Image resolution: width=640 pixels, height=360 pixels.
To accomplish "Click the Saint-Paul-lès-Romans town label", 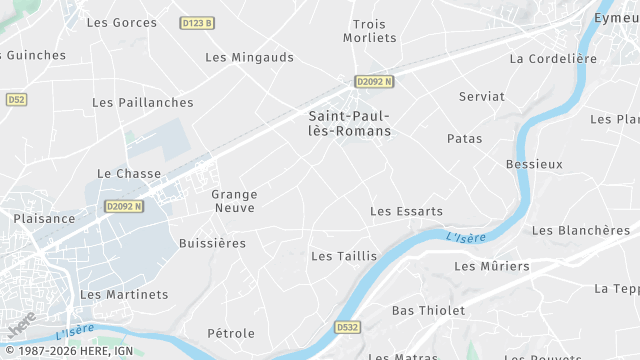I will coord(349,124).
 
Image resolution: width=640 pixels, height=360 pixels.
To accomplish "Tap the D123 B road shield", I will coord(198,22).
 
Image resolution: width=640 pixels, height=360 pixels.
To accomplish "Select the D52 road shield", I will coord(16,100).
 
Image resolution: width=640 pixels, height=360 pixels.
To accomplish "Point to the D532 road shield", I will coord(347,327).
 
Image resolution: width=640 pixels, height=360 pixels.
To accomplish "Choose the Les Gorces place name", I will coord(122,22).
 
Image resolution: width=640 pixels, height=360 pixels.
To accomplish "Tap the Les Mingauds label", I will coord(250,57).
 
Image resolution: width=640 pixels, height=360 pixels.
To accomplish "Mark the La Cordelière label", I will coord(552,58).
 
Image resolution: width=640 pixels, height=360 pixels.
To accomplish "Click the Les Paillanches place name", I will coord(143,102).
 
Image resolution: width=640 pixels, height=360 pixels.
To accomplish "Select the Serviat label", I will coord(482,96).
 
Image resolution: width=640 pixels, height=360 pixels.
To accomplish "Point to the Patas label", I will coord(465,139).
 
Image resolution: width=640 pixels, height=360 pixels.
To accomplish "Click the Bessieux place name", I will coord(535,163).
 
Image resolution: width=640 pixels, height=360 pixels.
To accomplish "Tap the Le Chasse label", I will coord(129,173).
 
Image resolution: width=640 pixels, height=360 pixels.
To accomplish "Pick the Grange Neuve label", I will coord(235,201).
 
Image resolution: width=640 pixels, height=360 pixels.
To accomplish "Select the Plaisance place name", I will coord(44,218).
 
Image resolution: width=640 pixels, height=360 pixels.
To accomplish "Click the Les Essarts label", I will coord(406,211).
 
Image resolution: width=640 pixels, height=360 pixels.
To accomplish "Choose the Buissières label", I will coord(212,243).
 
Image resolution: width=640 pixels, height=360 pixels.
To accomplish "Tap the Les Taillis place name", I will coord(344,256).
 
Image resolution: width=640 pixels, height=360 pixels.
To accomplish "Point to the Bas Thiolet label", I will coord(428,310).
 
